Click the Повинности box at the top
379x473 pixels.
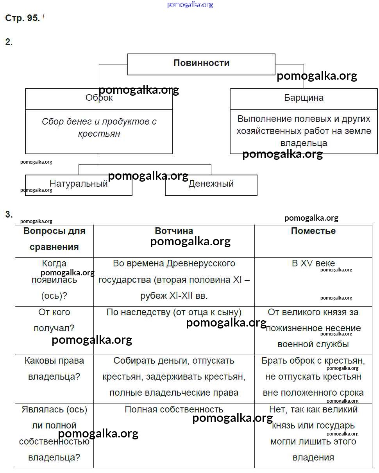pos(201,64)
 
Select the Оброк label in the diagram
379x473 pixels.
pos(99,98)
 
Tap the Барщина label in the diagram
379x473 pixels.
pos(304,98)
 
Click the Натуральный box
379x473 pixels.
pos(79,184)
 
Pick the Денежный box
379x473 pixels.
pos(211,184)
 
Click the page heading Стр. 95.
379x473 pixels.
pos(22,18)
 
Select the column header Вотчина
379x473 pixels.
pos(174,231)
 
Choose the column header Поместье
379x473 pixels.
pos(313,231)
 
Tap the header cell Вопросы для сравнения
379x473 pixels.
pos(54,239)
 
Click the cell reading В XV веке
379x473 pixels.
pos(313,264)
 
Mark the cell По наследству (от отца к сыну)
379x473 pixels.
pos(174,312)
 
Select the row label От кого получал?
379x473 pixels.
pos(54,320)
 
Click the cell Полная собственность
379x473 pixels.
pos(174,409)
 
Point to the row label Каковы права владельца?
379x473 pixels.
pos(54,369)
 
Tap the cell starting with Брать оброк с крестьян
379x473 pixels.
pos(313,377)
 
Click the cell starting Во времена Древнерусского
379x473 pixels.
pos(174,280)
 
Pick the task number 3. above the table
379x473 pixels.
pos(9,214)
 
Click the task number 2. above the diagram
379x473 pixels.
pos(9,42)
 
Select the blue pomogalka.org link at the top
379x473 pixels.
pos(190,4)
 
